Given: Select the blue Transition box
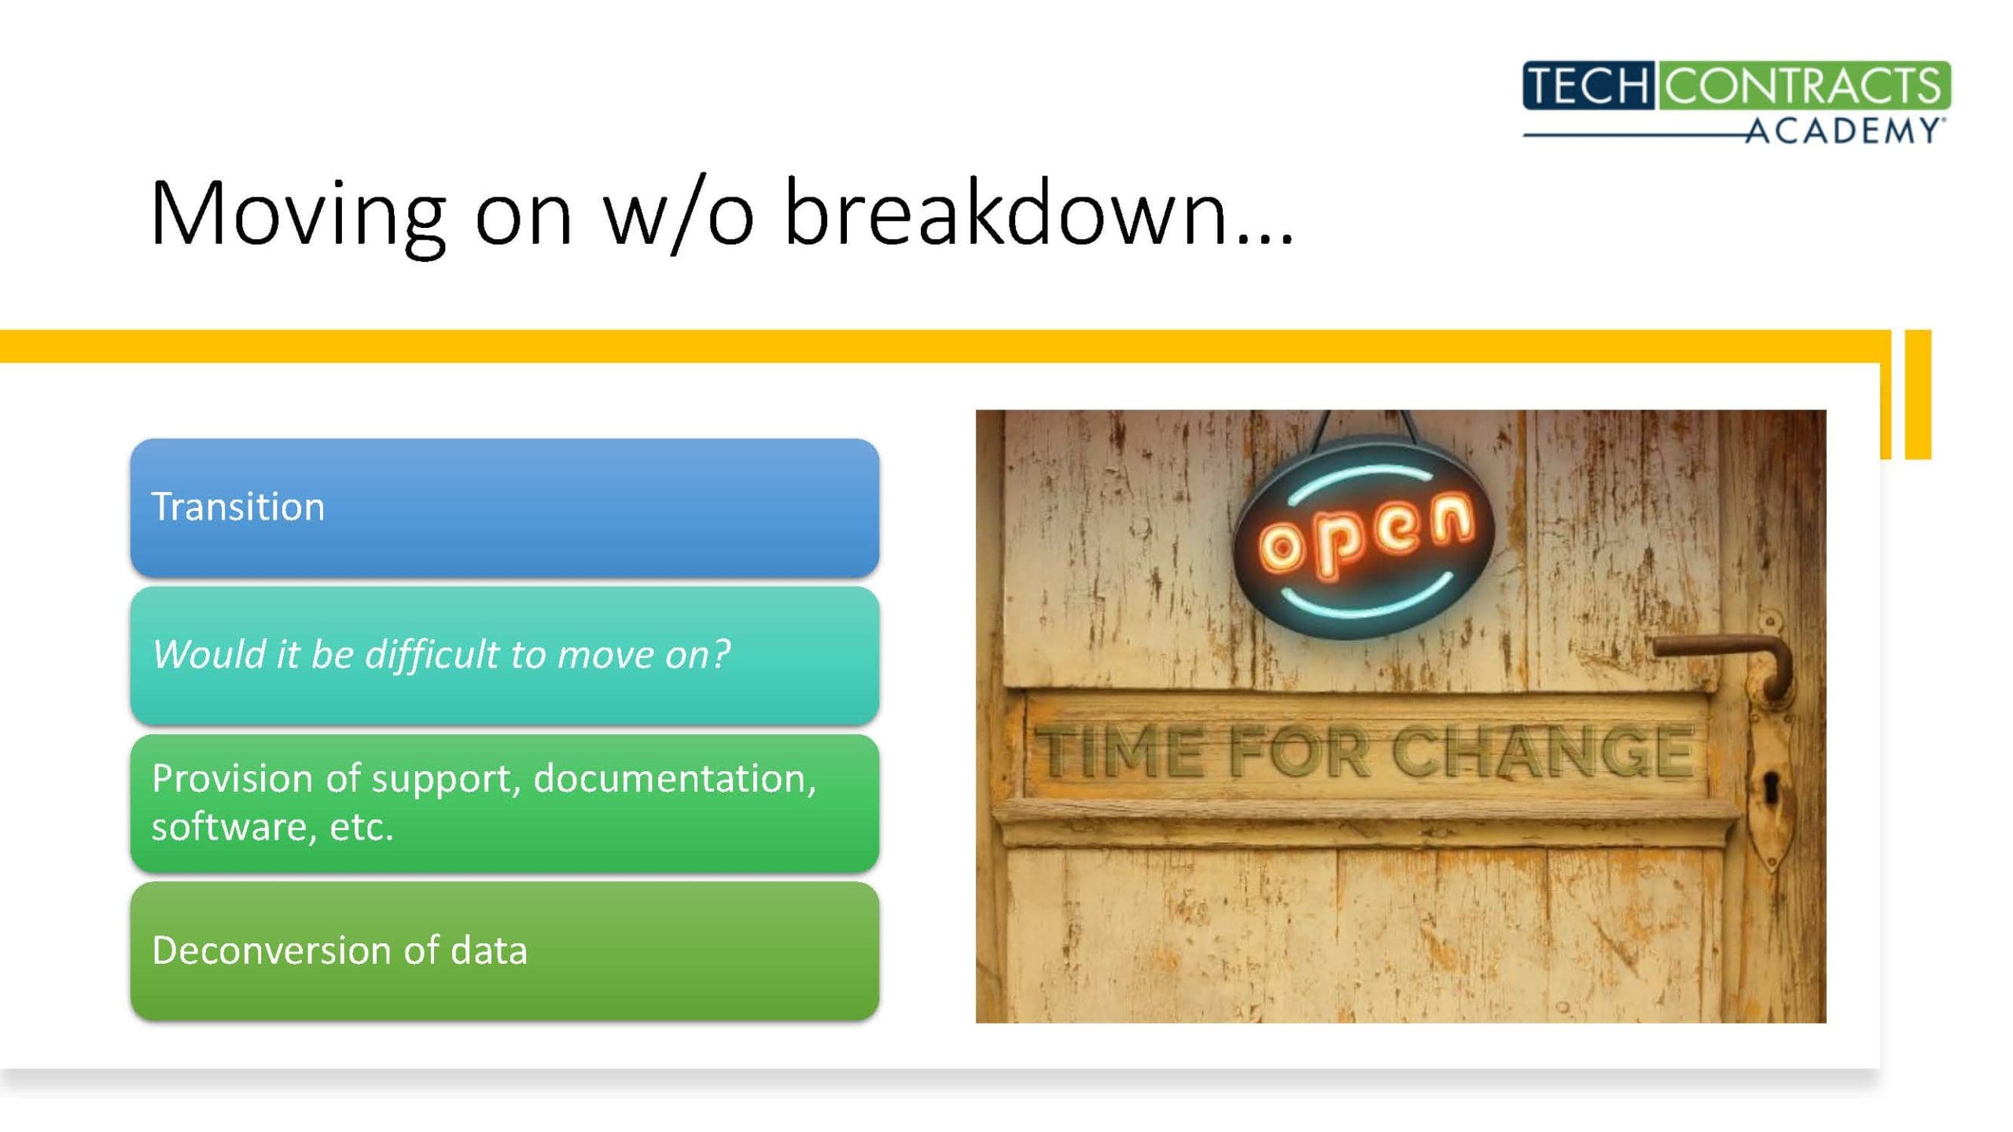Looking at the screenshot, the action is [x=505, y=508].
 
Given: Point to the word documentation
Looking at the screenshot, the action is [x=675, y=779].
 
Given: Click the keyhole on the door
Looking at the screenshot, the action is [x=1771, y=787].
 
